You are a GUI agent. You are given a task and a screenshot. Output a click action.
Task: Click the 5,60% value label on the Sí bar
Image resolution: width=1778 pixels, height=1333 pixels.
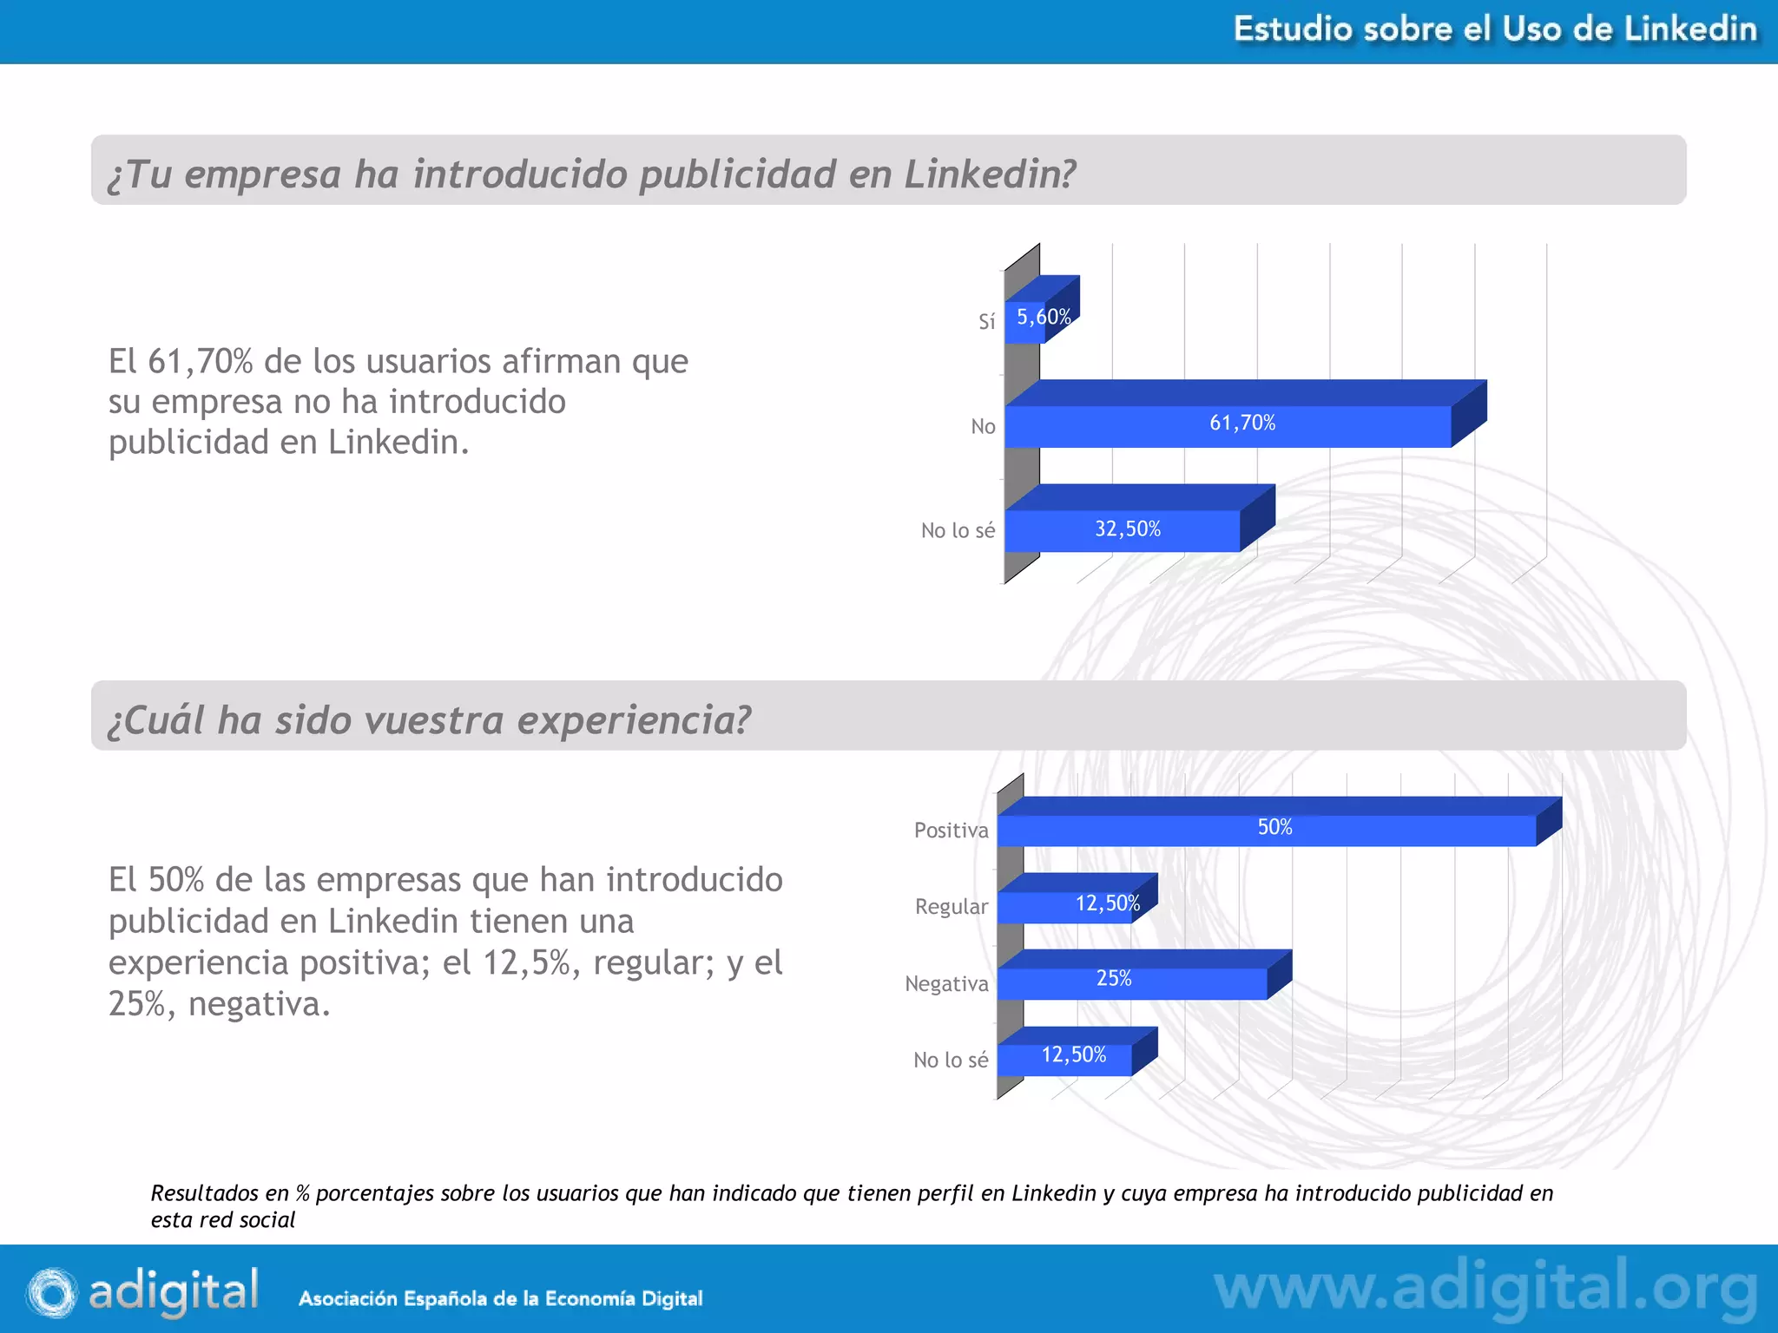(x=1043, y=318)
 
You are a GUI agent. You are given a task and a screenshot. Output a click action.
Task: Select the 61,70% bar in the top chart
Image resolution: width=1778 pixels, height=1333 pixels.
(x=1228, y=426)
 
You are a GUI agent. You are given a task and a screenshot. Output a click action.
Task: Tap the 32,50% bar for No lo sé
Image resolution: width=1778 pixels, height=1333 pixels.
(x=1123, y=530)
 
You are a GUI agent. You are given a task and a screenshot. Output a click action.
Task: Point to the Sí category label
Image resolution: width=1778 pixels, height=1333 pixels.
(x=986, y=322)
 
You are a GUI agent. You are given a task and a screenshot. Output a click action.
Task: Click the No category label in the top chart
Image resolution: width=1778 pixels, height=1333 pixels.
(x=983, y=426)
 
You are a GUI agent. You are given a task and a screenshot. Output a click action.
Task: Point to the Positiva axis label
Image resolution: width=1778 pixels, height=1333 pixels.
(x=951, y=831)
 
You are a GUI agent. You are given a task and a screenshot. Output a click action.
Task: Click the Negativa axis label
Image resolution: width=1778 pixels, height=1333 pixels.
(x=946, y=983)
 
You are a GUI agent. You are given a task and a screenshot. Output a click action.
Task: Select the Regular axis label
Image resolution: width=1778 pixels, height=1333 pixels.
(x=952, y=907)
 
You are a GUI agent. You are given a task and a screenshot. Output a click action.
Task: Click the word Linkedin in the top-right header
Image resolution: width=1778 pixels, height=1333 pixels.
(x=1690, y=30)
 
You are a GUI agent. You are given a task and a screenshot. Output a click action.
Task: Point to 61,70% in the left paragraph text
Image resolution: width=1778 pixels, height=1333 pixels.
(x=200, y=361)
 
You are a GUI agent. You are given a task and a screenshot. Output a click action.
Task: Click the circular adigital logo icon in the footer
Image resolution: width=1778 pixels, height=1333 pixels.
(x=52, y=1293)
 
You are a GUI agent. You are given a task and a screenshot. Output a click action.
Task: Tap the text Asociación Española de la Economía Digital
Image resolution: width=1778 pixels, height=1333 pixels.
(x=500, y=1298)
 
